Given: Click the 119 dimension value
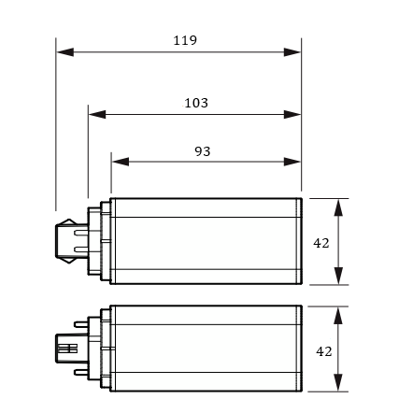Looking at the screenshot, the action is tap(185, 40).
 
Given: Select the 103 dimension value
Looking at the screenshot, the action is tap(196, 103).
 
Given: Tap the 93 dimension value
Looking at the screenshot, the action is tap(203, 151).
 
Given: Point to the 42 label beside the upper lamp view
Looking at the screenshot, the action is tap(321, 243).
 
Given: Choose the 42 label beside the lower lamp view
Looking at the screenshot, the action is tap(324, 351).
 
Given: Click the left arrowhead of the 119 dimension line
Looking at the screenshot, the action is tap(65, 52).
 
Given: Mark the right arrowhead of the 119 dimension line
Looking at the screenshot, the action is tap(292, 52).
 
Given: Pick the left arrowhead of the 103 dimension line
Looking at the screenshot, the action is tap(97, 114).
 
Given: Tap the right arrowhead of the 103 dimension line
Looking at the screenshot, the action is tap(292, 114).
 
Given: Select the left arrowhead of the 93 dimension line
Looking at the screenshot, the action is tap(121, 162).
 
